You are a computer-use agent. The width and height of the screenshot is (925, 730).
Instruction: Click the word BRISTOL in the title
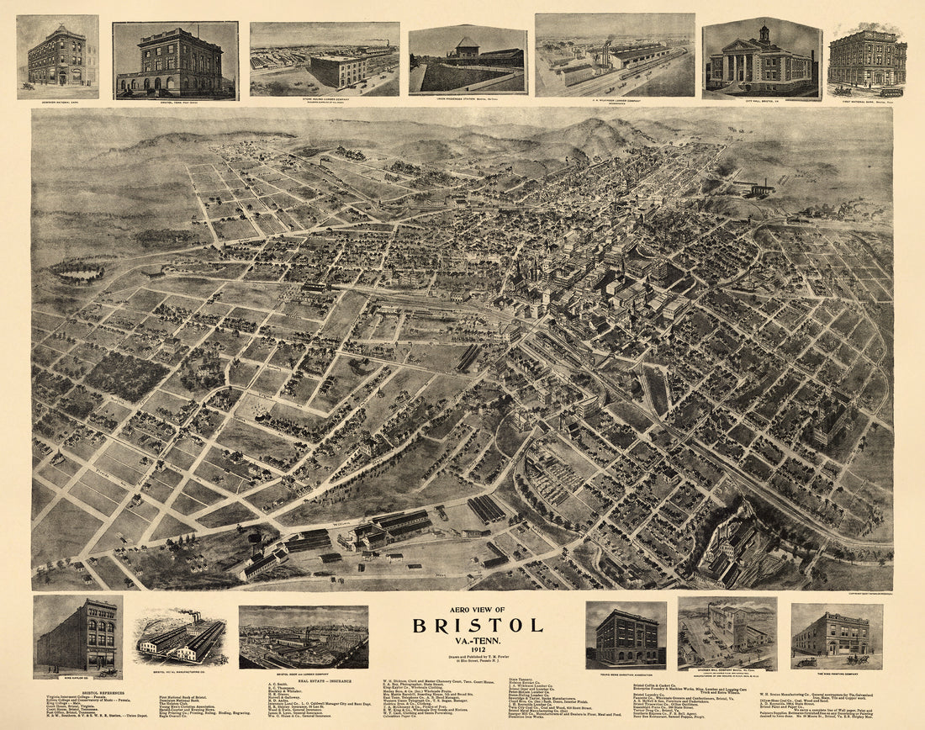[x=477, y=625]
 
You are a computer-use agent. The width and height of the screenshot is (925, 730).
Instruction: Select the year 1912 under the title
[x=477, y=650]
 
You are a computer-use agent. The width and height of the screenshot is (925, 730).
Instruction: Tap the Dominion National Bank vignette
[x=57, y=56]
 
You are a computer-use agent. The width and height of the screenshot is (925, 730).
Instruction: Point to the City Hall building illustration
[x=762, y=59]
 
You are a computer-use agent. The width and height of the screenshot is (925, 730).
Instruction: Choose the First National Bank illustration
[x=867, y=59]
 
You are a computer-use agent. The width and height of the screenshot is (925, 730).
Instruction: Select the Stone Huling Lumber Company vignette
[x=324, y=60]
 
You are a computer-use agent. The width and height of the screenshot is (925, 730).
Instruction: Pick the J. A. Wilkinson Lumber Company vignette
[x=615, y=56]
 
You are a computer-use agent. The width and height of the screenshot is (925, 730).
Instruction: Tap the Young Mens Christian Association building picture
[x=626, y=636]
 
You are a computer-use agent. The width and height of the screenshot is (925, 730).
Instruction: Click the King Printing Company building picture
[x=837, y=635]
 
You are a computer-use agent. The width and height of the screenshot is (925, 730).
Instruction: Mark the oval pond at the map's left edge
[x=77, y=272]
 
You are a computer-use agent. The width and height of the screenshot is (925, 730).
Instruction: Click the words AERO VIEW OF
[x=477, y=609]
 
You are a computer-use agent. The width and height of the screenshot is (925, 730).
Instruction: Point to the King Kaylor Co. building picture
[x=77, y=636]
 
